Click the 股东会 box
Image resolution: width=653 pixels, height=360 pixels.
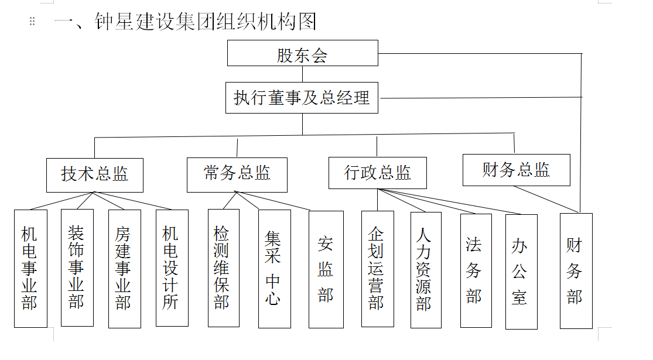point(303,53)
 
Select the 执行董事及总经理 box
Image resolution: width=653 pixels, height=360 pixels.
point(302,98)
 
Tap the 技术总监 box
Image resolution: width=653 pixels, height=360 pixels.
point(95,175)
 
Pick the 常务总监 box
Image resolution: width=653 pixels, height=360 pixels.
point(237,175)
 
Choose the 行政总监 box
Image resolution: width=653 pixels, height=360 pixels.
point(378,173)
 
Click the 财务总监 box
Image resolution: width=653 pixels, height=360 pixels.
point(517,170)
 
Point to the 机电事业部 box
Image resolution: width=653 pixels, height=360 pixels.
point(31,269)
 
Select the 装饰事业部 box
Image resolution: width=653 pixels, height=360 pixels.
point(77,268)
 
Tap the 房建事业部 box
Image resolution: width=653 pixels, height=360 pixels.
point(125,269)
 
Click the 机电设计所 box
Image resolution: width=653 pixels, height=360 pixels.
point(172,268)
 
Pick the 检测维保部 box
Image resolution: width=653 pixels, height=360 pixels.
point(224,268)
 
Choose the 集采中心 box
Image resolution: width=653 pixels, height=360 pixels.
point(275,269)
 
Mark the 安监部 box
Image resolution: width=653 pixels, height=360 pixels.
point(326,270)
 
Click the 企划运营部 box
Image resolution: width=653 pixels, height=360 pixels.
point(378,269)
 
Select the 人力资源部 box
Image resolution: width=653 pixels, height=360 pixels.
point(426,270)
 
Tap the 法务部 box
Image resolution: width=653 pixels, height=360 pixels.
point(476,270)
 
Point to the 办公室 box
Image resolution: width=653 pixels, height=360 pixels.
point(521,272)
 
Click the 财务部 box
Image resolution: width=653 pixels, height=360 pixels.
point(576,271)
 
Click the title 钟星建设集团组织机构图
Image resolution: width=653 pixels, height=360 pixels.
point(206,22)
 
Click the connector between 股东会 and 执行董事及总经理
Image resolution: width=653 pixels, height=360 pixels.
point(302,74)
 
